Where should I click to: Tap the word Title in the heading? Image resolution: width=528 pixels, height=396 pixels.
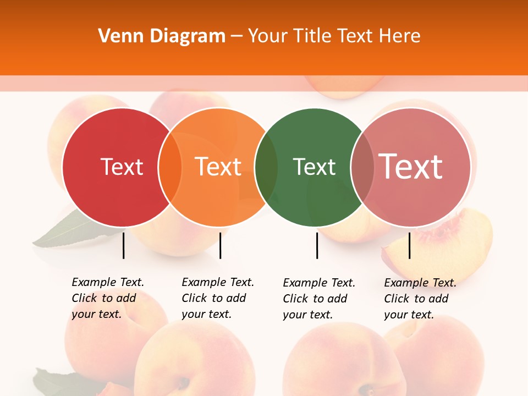click(313, 36)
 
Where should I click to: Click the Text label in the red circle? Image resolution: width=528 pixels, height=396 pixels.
click(122, 167)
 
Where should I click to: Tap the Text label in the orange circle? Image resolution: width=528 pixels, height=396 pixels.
click(218, 167)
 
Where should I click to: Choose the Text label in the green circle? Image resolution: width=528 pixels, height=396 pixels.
click(314, 167)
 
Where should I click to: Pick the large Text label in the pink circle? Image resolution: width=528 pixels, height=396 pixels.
click(411, 166)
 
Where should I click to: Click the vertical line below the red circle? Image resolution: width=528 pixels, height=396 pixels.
click(123, 245)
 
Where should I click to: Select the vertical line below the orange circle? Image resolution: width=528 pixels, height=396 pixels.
click(220, 245)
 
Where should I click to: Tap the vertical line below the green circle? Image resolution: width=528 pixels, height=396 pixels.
click(317, 245)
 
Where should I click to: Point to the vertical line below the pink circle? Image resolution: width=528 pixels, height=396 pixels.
click(409, 245)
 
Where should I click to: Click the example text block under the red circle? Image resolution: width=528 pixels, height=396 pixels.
click(107, 298)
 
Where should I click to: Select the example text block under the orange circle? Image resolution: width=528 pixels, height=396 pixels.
click(217, 298)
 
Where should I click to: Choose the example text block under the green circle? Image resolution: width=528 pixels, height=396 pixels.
click(318, 299)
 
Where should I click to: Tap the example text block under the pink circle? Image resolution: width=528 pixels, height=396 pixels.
click(420, 299)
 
